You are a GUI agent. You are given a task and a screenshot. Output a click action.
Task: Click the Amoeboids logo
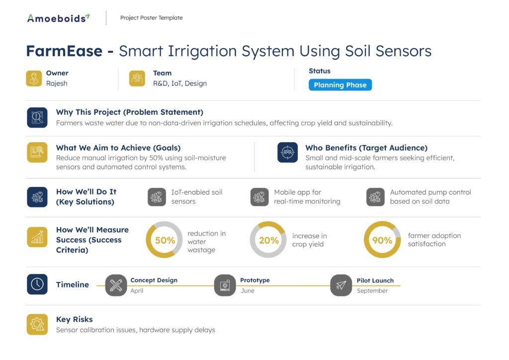pos(59,18)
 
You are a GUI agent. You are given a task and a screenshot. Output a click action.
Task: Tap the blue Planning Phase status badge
pos(340,85)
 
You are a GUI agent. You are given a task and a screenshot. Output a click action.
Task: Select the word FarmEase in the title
pos(64,51)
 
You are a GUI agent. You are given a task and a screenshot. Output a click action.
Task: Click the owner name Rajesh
pos(57,84)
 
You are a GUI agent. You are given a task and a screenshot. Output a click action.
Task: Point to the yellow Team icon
pos(137,79)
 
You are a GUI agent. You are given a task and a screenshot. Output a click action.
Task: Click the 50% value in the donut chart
pos(165,240)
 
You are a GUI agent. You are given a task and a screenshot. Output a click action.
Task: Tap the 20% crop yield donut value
pos(269,240)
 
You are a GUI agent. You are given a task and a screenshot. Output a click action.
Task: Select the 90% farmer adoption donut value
pos(382,240)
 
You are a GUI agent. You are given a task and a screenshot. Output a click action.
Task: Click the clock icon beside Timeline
pos(37,284)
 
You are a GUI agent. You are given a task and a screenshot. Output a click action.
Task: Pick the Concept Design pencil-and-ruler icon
pos(116,285)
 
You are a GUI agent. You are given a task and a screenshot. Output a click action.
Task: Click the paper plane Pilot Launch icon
pos(341,285)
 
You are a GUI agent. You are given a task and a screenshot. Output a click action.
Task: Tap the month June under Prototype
pos(248,290)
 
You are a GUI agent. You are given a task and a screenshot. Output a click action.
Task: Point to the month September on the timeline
pos(372,290)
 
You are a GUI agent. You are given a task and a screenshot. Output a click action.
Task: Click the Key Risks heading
pos(75,319)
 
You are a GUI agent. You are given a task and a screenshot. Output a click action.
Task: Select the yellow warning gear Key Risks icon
pos(37,324)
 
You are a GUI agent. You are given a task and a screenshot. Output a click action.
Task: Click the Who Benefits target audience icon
pos(288,152)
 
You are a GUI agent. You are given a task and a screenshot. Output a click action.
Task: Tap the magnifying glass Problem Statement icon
pos(37,117)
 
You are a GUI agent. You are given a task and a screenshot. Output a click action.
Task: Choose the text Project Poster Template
pos(151,18)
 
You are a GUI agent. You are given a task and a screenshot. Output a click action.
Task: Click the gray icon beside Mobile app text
pos(259,197)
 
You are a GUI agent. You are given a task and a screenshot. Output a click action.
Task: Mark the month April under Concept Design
pos(137,290)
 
